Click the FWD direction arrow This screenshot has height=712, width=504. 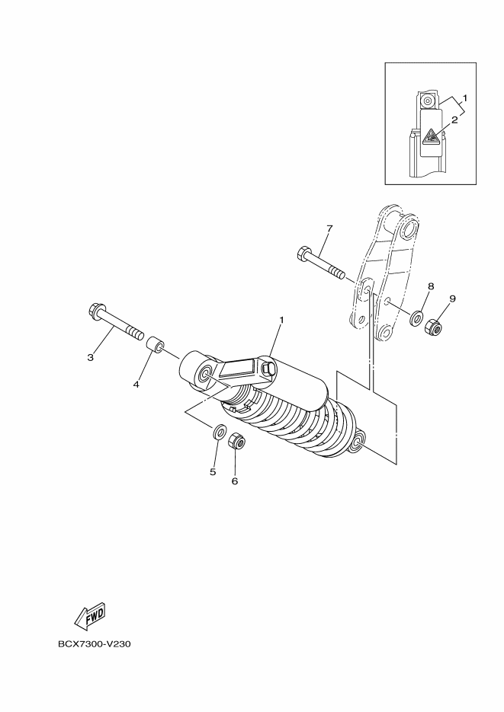tap(89, 616)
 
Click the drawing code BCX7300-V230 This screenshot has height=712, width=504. tap(94, 644)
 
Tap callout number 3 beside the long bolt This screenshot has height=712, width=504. tap(91, 358)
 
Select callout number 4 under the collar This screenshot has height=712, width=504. tap(136, 385)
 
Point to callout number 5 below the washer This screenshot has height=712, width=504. tap(213, 472)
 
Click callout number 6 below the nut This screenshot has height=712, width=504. tap(235, 481)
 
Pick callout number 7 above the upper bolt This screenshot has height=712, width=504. tap(329, 228)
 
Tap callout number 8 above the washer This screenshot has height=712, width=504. tap(431, 286)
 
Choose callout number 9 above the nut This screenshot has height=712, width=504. tap(453, 299)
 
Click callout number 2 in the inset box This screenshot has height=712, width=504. tap(454, 120)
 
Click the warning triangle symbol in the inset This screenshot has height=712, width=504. tap(429, 136)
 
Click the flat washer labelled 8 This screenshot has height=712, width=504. tap(416, 318)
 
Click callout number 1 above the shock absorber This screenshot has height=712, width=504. tap(281, 320)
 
